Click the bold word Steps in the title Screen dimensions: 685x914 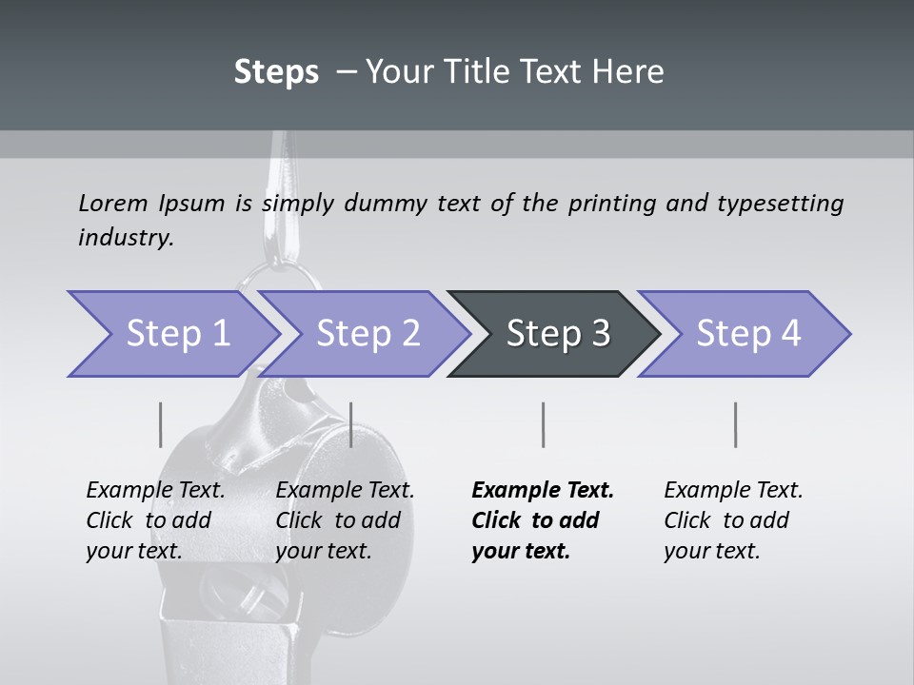tap(276, 72)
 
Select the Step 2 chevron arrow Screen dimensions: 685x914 tap(367, 334)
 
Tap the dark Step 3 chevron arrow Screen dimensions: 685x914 tap(556, 334)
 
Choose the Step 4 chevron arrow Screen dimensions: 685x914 tap(746, 334)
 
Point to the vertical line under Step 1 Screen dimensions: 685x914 tap(160, 424)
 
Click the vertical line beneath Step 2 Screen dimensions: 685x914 tap(352, 424)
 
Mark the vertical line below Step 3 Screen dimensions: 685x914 tap(544, 424)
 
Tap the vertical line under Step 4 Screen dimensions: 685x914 tap(736, 424)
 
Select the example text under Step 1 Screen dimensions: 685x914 tap(155, 520)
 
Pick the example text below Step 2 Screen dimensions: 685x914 tap(345, 520)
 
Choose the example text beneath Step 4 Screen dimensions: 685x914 tap(733, 520)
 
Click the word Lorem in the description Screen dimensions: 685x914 tap(113, 204)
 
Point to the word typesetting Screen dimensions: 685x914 tap(780, 204)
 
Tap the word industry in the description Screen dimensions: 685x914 tap(126, 238)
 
